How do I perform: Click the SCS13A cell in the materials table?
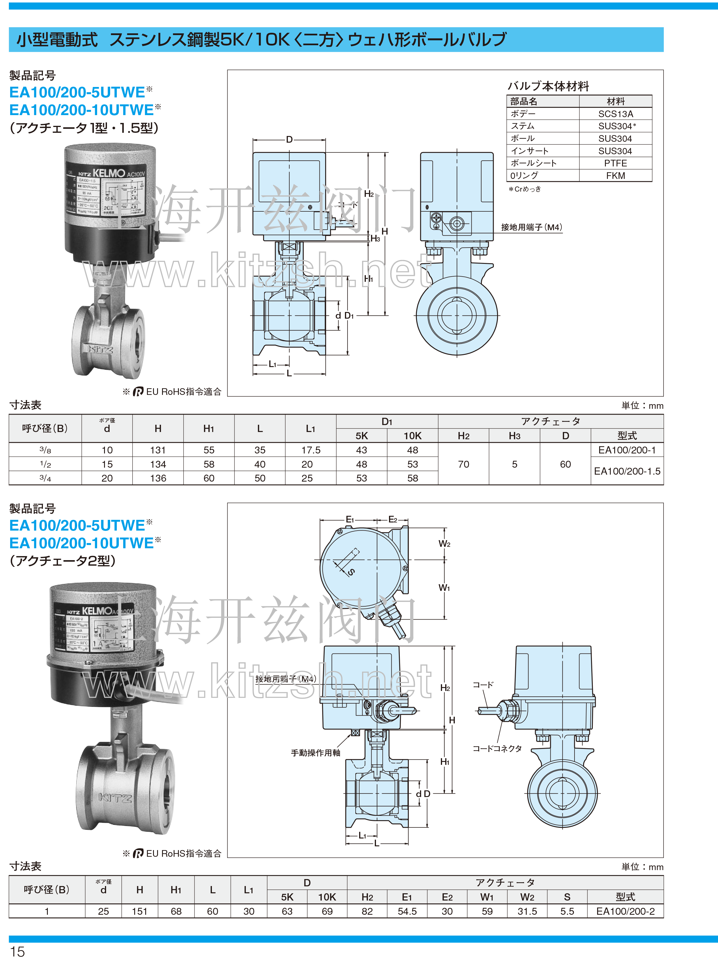615,114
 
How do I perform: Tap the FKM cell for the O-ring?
615,176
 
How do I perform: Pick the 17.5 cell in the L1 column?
311,450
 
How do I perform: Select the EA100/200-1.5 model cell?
627,471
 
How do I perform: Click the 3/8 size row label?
45,450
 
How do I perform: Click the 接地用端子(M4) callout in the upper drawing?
531,227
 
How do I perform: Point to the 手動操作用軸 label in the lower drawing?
316,752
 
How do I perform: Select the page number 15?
17,952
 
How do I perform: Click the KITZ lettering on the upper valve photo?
100,349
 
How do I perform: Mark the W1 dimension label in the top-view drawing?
444,588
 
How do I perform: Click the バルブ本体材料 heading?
548,86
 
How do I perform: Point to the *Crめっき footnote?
525,189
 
